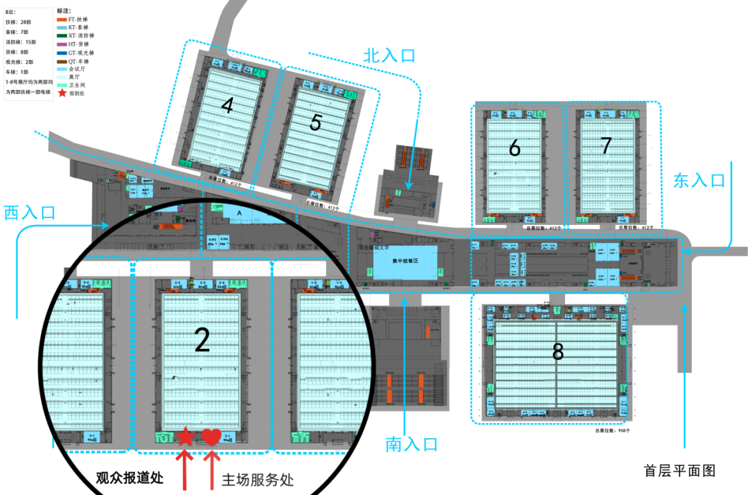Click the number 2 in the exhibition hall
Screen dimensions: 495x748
(x=202, y=340)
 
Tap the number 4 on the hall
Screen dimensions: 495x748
(x=227, y=105)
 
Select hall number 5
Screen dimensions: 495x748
(x=316, y=123)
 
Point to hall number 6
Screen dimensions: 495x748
(x=514, y=148)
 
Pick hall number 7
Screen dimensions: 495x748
(x=606, y=145)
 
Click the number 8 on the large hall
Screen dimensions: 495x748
(x=558, y=352)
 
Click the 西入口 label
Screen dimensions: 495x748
(x=29, y=213)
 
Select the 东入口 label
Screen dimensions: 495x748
(x=700, y=181)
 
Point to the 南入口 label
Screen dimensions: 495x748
(x=411, y=444)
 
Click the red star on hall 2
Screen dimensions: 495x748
(x=185, y=436)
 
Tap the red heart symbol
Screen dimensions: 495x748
(x=211, y=437)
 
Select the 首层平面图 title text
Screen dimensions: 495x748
(x=679, y=471)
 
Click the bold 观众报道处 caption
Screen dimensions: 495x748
(x=129, y=477)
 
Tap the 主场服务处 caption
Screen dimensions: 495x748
(x=257, y=480)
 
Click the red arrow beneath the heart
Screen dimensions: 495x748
(x=211, y=470)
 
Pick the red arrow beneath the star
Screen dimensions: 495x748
(x=185, y=470)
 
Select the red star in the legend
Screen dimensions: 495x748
(x=62, y=93)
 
